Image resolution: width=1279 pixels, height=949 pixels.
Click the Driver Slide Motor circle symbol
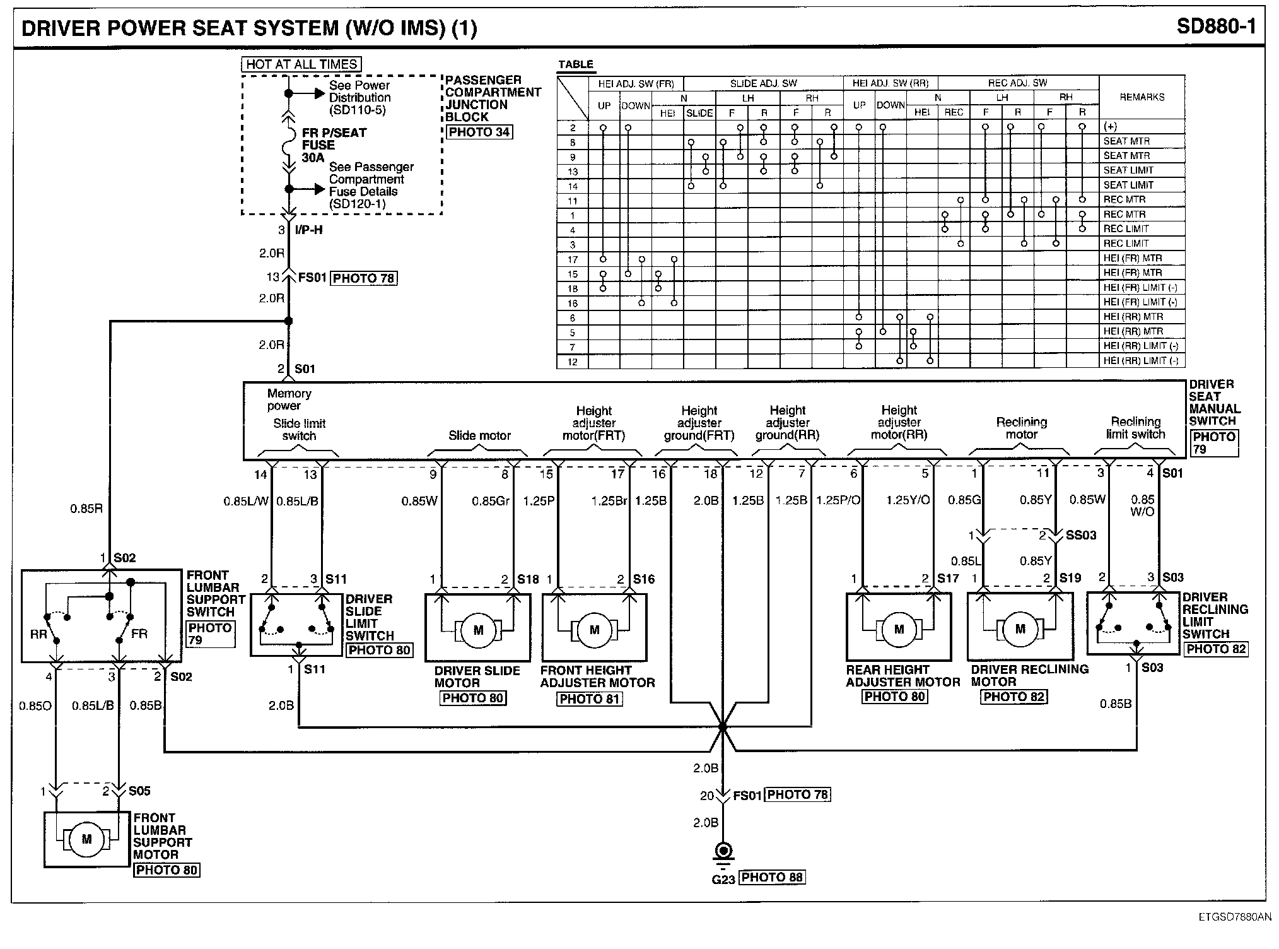[x=478, y=630]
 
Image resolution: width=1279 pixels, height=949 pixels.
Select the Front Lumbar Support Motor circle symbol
[x=86, y=839]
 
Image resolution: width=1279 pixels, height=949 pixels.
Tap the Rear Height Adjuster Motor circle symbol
[x=899, y=629]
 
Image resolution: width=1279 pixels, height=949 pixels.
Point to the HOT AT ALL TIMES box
[x=301, y=64]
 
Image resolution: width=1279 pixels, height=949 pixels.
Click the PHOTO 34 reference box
[x=479, y=132]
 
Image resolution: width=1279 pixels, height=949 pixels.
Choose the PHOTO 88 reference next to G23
[x=772, y=877]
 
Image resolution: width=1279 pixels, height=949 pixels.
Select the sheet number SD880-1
[x=1216, y=27]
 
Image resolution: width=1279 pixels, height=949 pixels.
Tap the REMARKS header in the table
[x=1142, y=97]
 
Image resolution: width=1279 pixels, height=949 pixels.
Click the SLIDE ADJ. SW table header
[x=763, y=83]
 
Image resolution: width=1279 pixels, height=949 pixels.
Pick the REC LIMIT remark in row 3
[x=1126, y=244]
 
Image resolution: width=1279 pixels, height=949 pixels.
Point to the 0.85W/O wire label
[x=1142, y=505]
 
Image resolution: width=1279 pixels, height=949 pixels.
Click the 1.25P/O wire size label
[x=838, y=500]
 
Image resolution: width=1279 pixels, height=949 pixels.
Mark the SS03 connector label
[x=1081, y=536]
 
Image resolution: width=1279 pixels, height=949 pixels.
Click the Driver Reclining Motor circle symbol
[x=1020, y=628]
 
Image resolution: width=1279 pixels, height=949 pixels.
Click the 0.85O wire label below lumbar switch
[x=35, y=705]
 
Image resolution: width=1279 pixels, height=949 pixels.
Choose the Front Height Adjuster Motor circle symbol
[x=594, y=630]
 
